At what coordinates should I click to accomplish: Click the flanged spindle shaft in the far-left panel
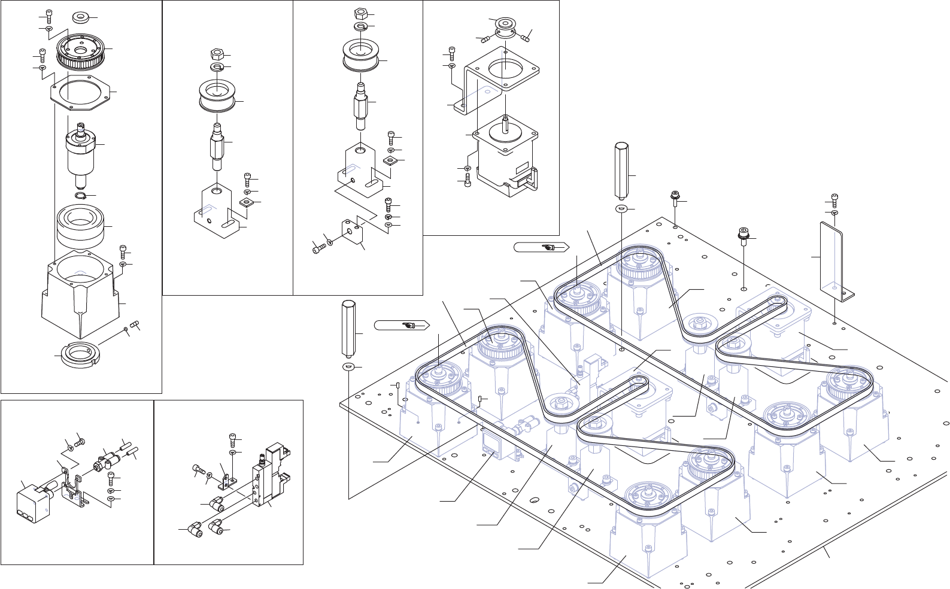click(80, 150)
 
